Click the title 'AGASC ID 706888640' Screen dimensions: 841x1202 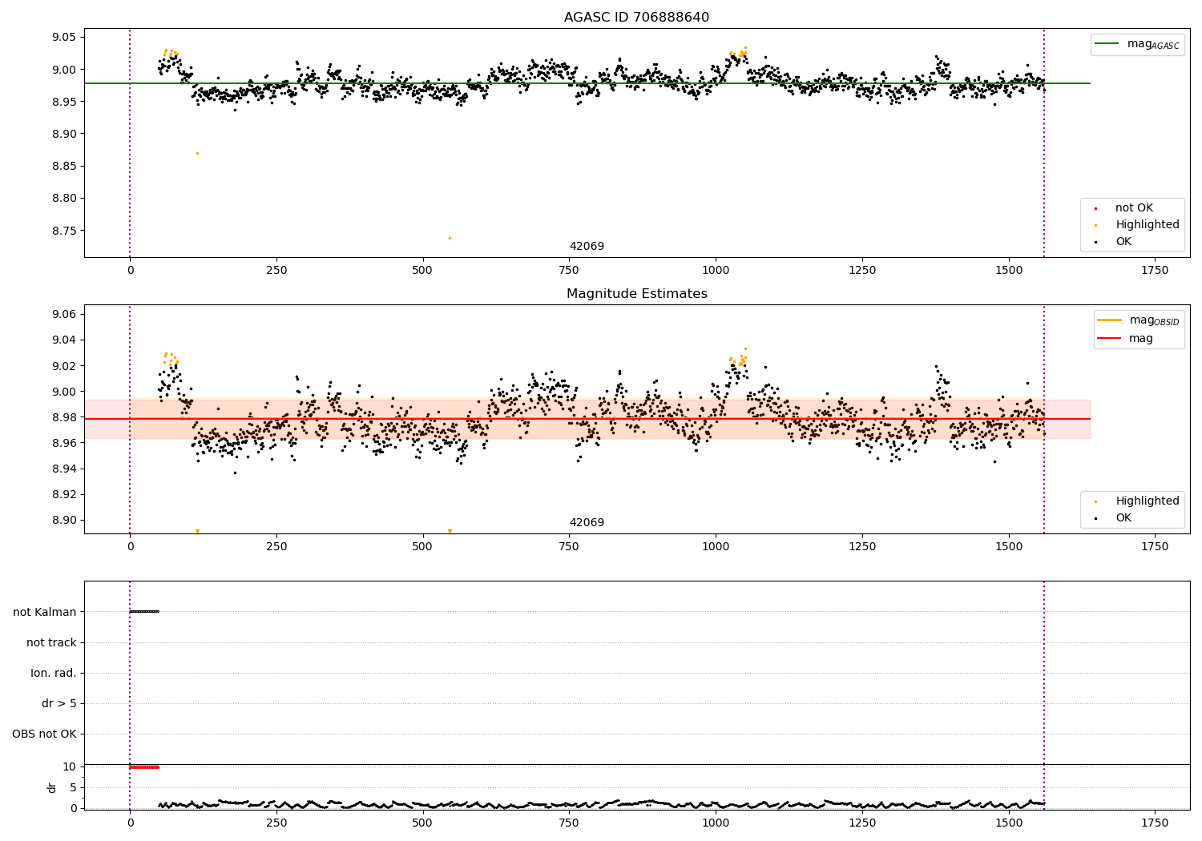point(636,18)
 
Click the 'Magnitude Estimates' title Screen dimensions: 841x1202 point(636,294)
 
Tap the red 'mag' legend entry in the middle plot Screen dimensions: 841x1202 point(1140,339)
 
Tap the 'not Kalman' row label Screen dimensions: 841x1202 point(45,612)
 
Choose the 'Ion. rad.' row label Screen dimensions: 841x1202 point(54,673)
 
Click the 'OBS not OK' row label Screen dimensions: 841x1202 point(45,734)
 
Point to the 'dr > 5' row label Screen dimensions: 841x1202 point(59,703)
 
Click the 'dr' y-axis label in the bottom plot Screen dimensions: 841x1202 point(52,787)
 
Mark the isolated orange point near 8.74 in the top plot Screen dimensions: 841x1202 point(450,238)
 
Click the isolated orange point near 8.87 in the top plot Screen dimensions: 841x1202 point(197,153)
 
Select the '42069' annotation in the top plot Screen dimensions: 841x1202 point(587,247)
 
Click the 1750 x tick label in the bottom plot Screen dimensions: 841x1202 point(1155,823)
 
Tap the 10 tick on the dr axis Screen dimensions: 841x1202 point(70,767)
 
